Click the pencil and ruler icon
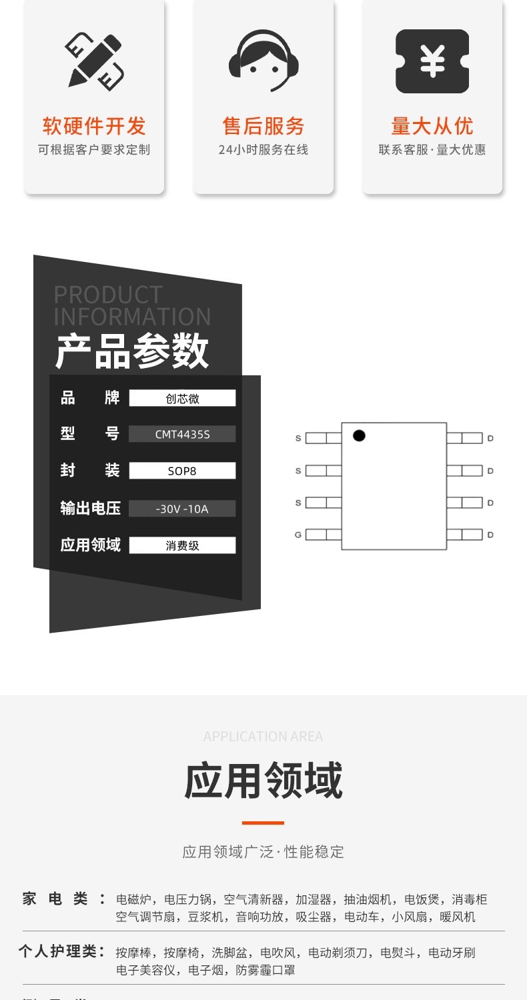[x=94, y=61]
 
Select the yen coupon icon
[x=432, y=61]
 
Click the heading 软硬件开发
[x=94, y=126]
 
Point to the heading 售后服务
[x=263, y=126]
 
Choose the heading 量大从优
[x=432, y=126]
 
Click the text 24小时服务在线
[x=263, y=150]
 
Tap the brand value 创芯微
[x=182, y=399]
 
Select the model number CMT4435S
[x=182, y=435]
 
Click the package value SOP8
[x=182, y=471]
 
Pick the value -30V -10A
[x=182, y=509]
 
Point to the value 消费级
[x=182, y=545]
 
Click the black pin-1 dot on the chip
[x=359, y=436]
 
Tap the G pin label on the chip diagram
[x=298, y=535]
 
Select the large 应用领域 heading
[x=263, y=781]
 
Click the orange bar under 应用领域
[x=263, y=823]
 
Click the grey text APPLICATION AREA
[x=263, y=737]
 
